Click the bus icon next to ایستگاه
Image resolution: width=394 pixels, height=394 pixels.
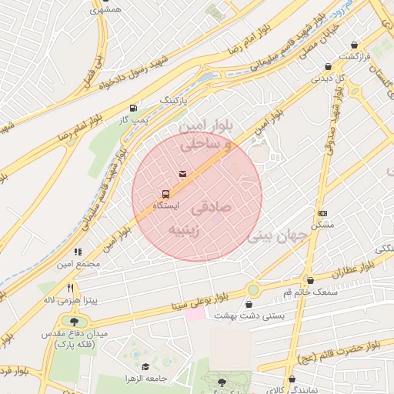[x=165, y=193]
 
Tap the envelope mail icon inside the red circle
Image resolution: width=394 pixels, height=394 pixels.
[x=182, y=174]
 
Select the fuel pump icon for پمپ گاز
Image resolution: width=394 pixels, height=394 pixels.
[x=135, y=108]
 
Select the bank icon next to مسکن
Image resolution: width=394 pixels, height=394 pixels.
[x=322, y=213]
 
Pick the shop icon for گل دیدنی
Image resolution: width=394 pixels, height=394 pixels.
[x=329, y=66]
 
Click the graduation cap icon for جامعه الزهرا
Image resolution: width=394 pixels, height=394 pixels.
[x=146, y=367]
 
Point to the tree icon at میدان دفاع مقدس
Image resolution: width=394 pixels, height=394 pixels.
[x=75, y=321]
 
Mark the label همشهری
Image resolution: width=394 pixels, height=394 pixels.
[x=105, y=9]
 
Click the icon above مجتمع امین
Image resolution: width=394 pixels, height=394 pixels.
[x=78, y=252]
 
